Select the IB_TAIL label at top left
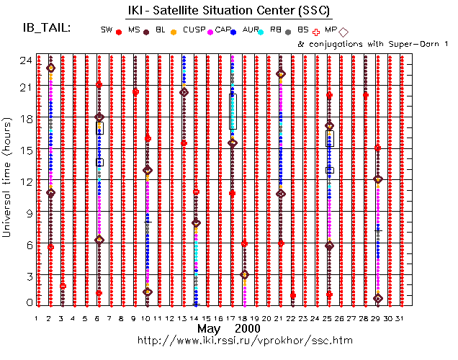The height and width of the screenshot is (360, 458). [47, 28]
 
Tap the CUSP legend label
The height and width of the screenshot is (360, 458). [192, 30]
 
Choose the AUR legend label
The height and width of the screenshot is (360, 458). [251, 30]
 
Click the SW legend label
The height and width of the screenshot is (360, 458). [107, 30]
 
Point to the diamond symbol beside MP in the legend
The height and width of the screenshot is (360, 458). [343, 32]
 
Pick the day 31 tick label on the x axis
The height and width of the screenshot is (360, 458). [401, 318]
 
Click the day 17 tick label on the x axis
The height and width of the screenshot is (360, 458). [231, 318]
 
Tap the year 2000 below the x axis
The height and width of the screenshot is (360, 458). [248, 328]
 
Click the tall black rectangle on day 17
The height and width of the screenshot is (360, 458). [232, 112]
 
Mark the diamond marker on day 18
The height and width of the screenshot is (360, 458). [244, 274]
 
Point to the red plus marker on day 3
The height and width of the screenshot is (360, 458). [63, 286]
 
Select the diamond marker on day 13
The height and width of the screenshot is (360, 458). [184, 91]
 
